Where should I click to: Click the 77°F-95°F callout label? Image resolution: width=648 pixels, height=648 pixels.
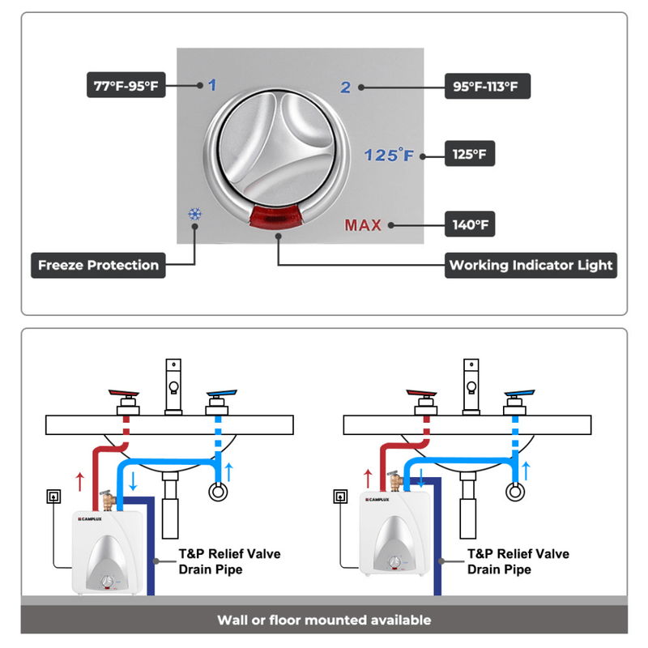[x=126, y=85]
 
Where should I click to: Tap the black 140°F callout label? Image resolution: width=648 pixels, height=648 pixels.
[x=471, y=224]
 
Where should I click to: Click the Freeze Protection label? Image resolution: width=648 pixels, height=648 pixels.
[x=98, y=265]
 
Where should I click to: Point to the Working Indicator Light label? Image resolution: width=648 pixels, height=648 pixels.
[x=531, y=265]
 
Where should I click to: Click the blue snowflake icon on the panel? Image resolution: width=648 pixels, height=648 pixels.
[x=194, y=215]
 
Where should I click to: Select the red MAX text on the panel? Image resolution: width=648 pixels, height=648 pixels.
[x=363, y=225]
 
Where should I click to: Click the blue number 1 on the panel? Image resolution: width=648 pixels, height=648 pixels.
[x=212, y=85]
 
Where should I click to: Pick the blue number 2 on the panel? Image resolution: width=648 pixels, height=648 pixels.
[x=346, y=87]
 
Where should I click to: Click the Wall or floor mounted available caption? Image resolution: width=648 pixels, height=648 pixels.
[x=324, y=620]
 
